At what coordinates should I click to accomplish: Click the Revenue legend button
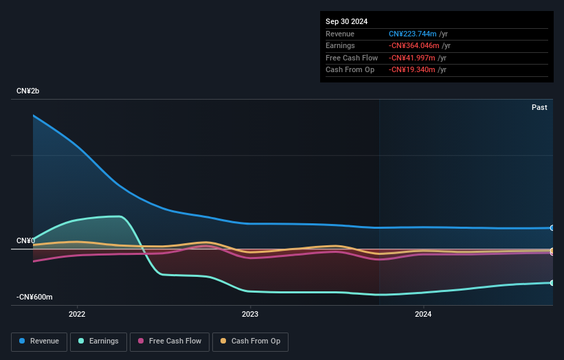[40, 341]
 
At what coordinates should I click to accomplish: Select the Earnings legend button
[99, 341]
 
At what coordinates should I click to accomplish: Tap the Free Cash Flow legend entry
[170, 341]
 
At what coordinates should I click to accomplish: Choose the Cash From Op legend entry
[250, 341]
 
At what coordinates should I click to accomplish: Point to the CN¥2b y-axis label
[28, 91]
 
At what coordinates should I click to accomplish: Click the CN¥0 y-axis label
[25, 240]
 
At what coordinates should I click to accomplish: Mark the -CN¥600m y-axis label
[35, 297]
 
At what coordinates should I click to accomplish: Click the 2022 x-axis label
[77, 314]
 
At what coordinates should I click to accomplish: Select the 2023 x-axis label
[250, 314]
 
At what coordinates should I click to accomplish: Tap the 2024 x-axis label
[423, 314]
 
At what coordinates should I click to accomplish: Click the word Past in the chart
[539, 108]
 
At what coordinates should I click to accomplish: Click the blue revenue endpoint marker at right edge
[552, 227]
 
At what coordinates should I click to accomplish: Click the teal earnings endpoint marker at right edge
[552, 282]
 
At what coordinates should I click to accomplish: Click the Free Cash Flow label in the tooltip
[352, 58]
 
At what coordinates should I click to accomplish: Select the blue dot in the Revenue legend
[23, 341]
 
